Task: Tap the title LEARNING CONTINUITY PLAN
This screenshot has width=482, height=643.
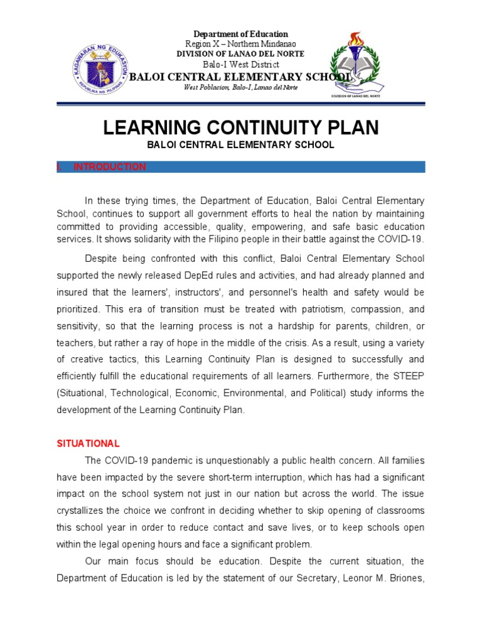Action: click(x=241, y=128)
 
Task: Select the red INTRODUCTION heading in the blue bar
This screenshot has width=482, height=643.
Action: click(x=110, y=167)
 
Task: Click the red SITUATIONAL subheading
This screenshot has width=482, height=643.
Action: click(x=88, y=443)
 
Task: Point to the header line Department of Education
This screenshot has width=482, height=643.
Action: click(x=240, y=34)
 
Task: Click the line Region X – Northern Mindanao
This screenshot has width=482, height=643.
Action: click(x=240, y=44)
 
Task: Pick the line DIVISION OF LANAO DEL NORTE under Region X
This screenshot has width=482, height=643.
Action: click(x=240, y=54)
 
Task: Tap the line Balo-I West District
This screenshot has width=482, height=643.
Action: click(x=240, y=65)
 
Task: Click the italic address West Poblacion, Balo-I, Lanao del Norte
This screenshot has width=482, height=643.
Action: click(x=240, y=87)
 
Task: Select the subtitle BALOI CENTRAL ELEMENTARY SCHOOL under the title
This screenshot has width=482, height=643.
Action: click(x=241, y=145)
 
